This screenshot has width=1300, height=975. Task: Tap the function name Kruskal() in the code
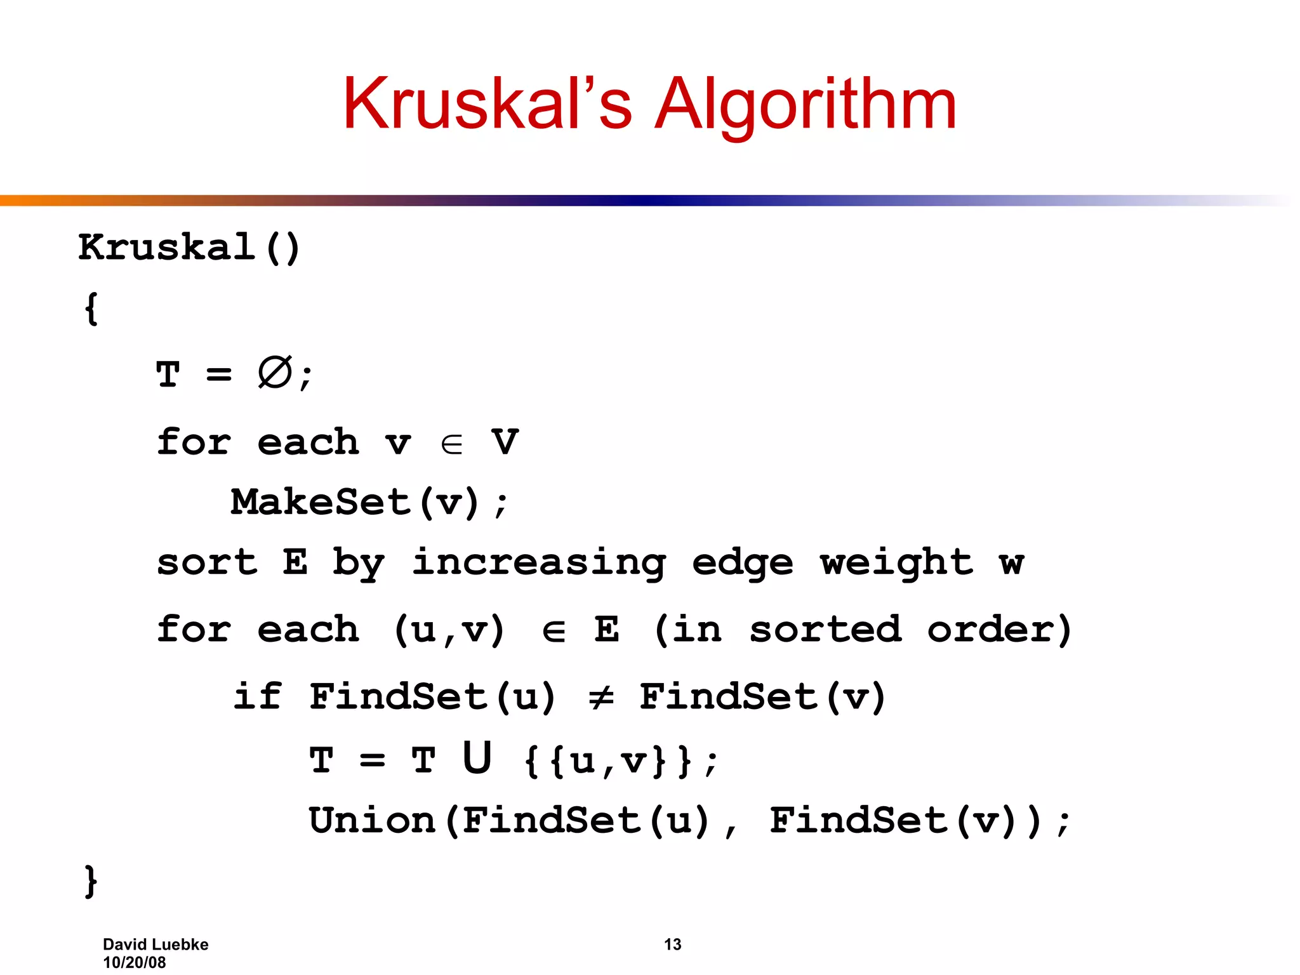189,248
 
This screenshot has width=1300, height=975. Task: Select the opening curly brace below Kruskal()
91,309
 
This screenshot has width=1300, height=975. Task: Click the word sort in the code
207,562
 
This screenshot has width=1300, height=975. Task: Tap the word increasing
539,564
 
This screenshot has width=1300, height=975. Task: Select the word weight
896,562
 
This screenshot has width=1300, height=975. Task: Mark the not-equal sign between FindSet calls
600,697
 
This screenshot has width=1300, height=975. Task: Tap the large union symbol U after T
477,758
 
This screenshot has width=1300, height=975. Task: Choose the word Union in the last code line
372,820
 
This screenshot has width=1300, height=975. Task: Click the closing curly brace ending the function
91,881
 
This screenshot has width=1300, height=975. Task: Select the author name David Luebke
156,945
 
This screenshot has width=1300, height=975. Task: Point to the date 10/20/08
135,963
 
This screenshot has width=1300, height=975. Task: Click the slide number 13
672,945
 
